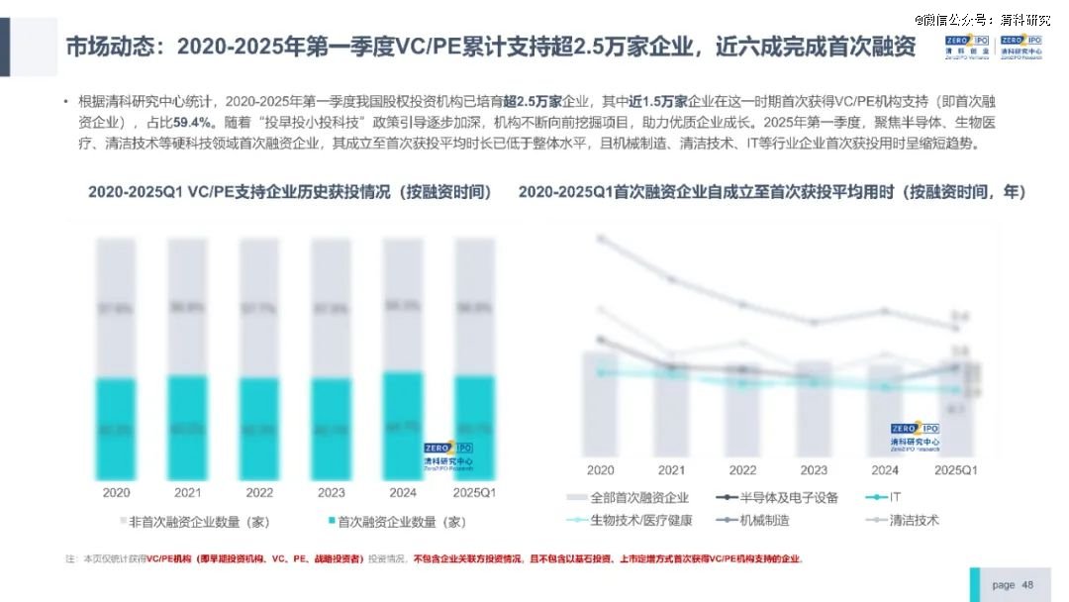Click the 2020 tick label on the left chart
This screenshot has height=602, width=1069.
pyautogui.click(x=116, y=492)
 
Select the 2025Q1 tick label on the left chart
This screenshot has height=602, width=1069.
pyautogui.click(x=473, y=492)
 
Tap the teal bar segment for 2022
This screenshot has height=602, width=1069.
pyautogui.click(x=259, y=428)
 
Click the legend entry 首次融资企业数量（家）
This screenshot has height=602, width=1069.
pyautogui.click(x=394, y=521)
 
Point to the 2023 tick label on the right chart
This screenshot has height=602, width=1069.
pyautogui.click(x=813, y=470)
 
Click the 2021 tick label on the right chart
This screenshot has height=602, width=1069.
pyautogui.click(x=671, y=470)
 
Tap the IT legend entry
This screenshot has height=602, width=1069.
pyautogui.click(x=888, y=497)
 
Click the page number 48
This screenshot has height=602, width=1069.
pyautogui.click(x=1027, y=584)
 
